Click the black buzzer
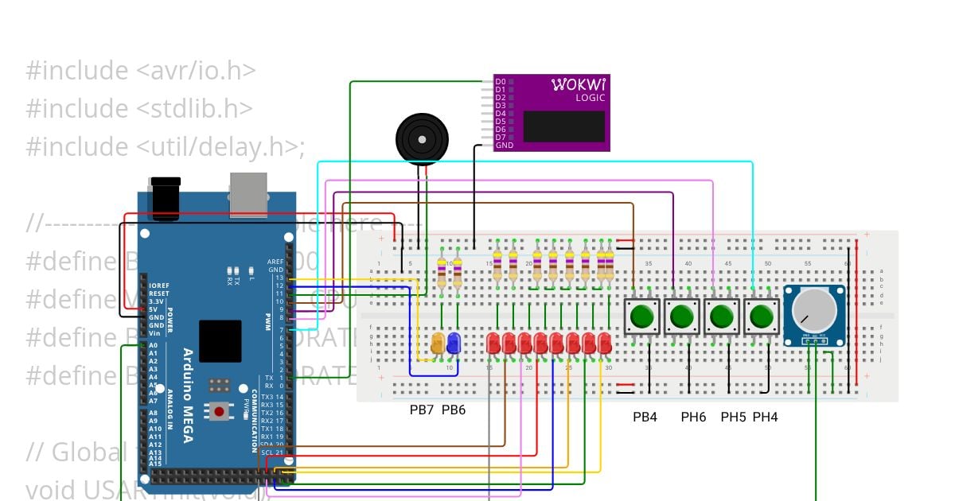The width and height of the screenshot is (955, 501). point(423,138)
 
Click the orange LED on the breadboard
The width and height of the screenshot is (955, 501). point(438,344)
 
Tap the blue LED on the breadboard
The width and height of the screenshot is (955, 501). point(454,344)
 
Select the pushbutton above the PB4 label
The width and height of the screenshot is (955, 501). point(641,317)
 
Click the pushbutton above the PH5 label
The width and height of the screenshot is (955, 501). point(722,317)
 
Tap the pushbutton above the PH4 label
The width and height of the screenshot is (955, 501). point(762,317)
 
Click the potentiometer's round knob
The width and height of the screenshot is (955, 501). point(815,311)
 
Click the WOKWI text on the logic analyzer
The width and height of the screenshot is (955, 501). point(579,84)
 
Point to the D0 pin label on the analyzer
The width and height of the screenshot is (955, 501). point(500,82)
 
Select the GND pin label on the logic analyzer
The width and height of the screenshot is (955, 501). point(504,146)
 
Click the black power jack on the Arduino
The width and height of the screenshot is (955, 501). point(165,199)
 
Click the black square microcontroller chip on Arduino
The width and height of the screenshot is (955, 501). point(220,341)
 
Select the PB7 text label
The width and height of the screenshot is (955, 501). point(422,410)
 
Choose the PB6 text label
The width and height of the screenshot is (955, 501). point(454,410)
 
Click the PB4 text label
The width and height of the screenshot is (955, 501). point(645,417)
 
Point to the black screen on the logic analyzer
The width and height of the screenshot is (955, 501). point(563,126)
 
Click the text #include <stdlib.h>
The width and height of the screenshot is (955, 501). point(139,108)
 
